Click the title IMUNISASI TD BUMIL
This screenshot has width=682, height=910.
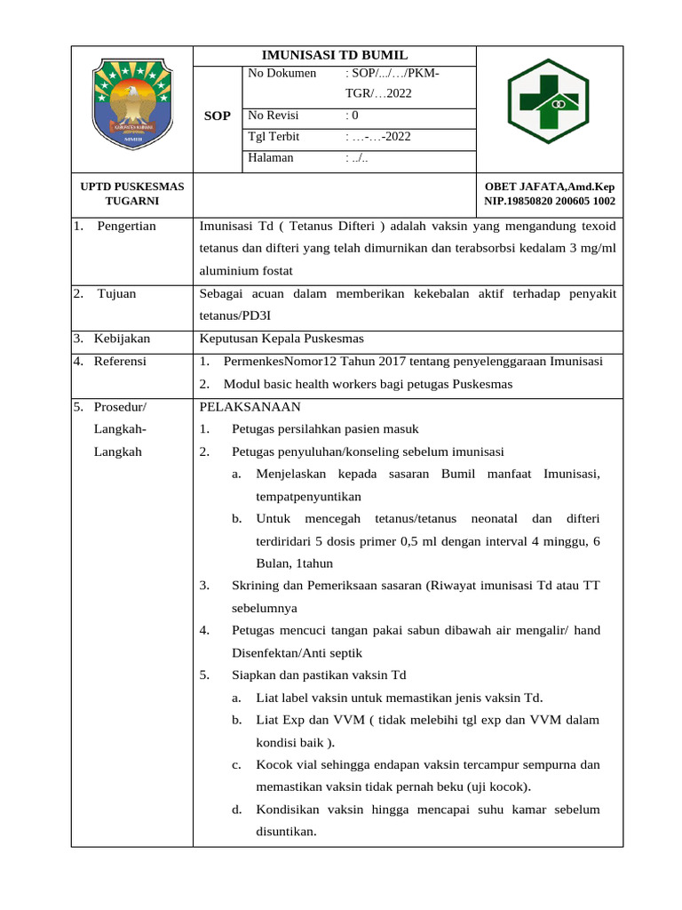point(334,54)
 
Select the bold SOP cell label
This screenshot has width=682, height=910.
point(218,116)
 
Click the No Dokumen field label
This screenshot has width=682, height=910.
point(282,73)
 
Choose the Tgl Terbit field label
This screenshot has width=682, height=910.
point(274,137)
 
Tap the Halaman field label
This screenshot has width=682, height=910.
point(271,158)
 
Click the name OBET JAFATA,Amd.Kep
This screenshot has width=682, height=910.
point(549,187)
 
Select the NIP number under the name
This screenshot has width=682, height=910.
point(549,202)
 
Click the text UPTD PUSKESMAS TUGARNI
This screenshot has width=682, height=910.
point(132,194)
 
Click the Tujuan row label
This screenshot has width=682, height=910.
point(117,293)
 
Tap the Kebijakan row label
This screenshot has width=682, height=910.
point(122,339)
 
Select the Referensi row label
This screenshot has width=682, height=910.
point(120,362)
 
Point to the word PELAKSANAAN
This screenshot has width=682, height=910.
point(250,407)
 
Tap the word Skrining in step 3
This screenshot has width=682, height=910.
point(255,586)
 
